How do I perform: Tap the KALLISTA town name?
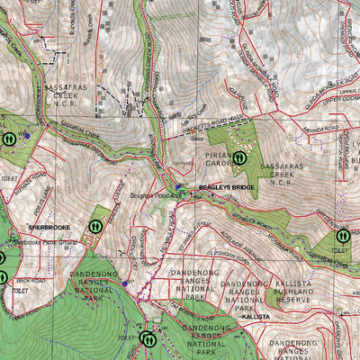point(256,317)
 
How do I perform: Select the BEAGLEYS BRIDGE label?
point(228,187)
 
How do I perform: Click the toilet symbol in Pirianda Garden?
point(240,157)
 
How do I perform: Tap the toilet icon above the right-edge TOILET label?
point(342,236)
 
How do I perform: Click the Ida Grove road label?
point(237,92)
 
